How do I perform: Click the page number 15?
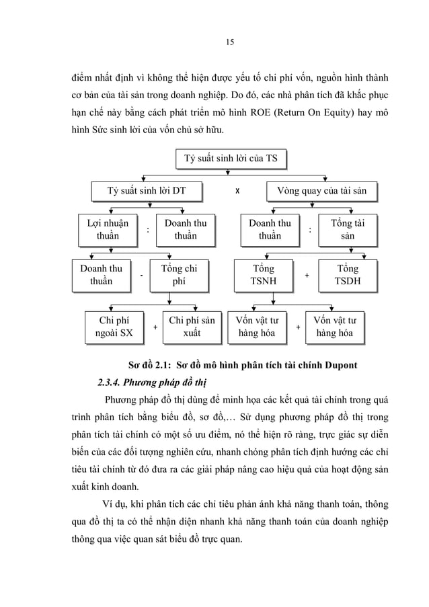pyautogui.click(x=229, y=42)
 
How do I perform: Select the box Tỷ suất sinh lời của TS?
pyautogui.click(x=230, y=159)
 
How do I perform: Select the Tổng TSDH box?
pyautogui.click(x=347, y=275)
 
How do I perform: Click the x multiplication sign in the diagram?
pyautogui.click(x=237, y=191)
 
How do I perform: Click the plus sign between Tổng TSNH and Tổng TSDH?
pyautogui.click(x=307, y=276)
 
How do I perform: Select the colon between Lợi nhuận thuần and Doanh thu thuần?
pyautogui.click(x=147, y=229)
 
